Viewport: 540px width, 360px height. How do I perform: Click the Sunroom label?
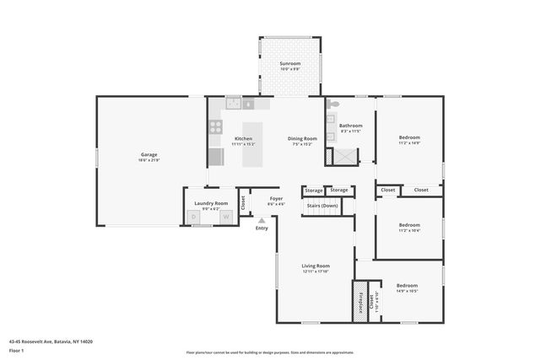click(x=289, y=63)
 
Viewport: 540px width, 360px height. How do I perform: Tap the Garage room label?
click(x=148, y=154)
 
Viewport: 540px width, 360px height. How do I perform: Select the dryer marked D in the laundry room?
click(x=193, y=218)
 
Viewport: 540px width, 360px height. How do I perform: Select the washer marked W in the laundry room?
click(x=225, y=218)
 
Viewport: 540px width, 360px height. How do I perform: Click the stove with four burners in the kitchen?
click(x=215, y=128)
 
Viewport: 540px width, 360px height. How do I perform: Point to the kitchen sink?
click(x=233, y=105)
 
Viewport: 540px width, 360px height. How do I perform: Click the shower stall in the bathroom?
click(x=346, y=155)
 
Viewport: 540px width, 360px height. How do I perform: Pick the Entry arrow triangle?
click(x=262, y=220)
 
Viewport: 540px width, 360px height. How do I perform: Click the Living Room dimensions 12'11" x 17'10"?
click(x=315, y=271)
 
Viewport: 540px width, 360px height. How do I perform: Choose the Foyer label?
click(x=276, y=199)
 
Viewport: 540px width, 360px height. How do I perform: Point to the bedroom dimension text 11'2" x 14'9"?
click(x=409, y=142)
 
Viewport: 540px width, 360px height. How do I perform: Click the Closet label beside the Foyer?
click(x=243, y=202)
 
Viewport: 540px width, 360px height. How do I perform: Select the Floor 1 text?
click(x=16, y=349)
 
